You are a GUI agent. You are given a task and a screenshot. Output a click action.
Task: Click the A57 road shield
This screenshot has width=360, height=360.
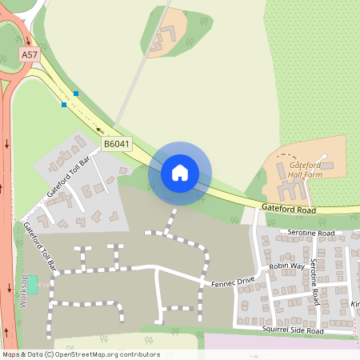click(x=29, y=54)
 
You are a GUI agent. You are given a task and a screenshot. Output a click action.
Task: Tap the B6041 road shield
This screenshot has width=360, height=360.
click(x=116, y=144)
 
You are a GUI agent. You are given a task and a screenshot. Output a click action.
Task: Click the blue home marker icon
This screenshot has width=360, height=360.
click(x=180, y=173)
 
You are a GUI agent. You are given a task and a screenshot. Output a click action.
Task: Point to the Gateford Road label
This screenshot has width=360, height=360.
click(x=288, y=209)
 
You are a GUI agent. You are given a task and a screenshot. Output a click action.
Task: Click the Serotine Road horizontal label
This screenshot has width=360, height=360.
click(x=312, y=232)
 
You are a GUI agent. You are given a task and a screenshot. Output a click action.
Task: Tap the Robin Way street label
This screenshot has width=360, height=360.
click(x=286, y=266)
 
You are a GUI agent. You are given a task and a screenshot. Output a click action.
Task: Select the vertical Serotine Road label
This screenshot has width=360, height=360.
click(x=315, y=282)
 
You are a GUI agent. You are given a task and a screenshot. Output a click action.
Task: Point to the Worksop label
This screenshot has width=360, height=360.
click(x=23, y=292)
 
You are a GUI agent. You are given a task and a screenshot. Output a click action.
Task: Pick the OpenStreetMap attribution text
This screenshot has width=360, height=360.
click(x=81, y=354)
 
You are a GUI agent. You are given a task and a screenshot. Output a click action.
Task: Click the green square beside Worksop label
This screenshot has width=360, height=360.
click(x=33, y=280)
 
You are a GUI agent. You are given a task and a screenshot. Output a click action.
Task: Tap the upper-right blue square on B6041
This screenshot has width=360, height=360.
click(x=76, y=94)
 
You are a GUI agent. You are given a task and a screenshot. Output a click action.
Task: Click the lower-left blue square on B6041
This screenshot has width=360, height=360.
click(x=64, y=104)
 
